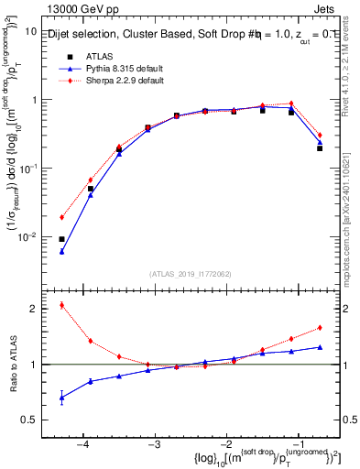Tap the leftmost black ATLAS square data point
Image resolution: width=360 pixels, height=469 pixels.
[61, 239]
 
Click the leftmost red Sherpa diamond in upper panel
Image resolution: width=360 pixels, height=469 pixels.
[61, 217]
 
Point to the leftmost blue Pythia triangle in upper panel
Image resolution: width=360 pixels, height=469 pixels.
[61, 251]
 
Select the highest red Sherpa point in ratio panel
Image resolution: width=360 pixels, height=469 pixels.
[61, 305]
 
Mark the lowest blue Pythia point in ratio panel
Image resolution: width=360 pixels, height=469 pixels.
[61, 398]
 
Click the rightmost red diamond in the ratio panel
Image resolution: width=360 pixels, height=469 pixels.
[320, 327]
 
